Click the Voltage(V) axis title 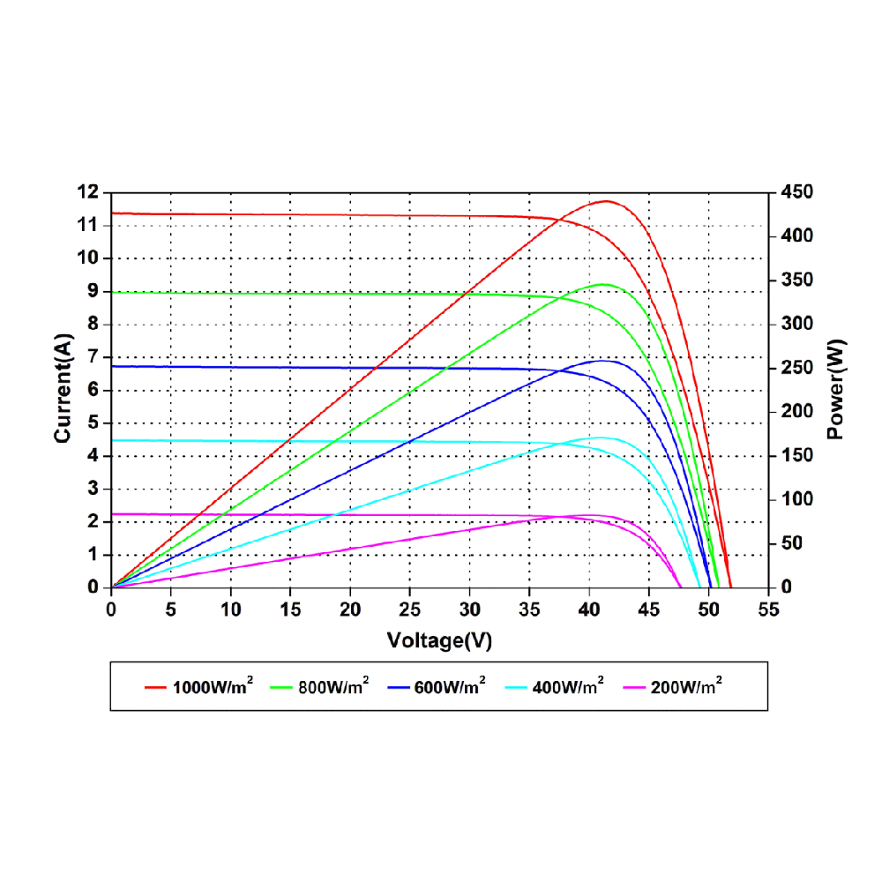(439, 641)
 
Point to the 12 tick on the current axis (88, 192)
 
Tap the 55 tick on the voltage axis (768, 609)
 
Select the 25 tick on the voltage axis (409, 609)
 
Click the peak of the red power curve (606, 201)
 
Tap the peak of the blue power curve (603, 360)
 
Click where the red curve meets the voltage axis (731, 587)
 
